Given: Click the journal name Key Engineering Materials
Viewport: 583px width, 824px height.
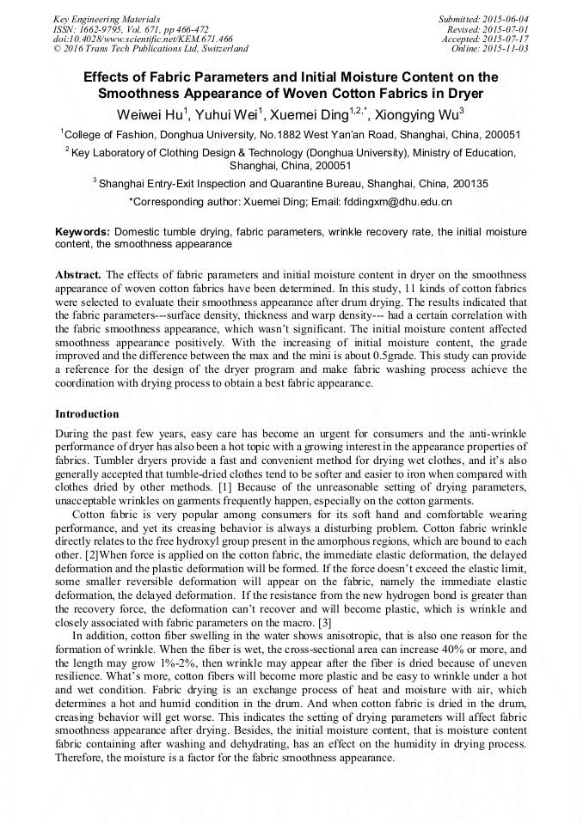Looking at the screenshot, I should coord(106,19).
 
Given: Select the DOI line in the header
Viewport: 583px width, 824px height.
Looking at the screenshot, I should coord(143,40).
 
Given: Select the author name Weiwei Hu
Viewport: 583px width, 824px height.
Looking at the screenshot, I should coord(152,113).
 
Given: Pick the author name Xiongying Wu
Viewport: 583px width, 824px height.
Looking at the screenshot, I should coord(420,113).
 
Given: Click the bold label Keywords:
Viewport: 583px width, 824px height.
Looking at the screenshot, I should coord(83,232).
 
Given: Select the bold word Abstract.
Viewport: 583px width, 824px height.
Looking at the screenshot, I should coord(78,274).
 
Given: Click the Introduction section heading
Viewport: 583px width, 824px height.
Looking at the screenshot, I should coord(87,413).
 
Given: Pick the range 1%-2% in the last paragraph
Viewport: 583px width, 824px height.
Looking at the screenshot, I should coord(162,664).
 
